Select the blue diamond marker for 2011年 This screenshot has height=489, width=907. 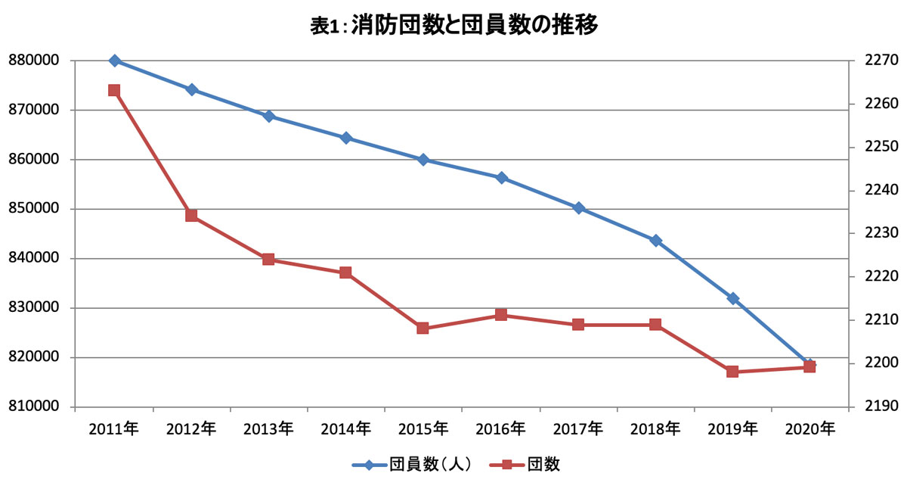pos(115,61)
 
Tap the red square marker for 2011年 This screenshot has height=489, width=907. pos(114,90)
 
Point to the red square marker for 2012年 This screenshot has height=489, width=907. pos(191,215)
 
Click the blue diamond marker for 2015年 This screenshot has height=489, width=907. pos(423,160)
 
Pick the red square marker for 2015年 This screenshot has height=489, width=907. pos(423,328)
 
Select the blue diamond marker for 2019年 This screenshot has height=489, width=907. pos(733,299)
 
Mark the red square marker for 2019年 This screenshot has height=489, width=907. pos(732,372)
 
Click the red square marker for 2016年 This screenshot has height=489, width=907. pos(501,315)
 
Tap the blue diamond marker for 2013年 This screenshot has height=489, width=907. pos(269,117)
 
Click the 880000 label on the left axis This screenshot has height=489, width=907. pos(34,61)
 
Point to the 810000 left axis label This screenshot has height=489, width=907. pos(34,406)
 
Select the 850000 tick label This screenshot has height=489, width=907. pos(34,208)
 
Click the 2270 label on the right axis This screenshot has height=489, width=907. pos(881,61)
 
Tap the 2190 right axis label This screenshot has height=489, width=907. pos(881,406)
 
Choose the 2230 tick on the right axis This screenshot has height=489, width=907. pos(881,233)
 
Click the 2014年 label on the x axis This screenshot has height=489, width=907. pos(346,429)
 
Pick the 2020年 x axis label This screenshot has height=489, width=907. pos(810,429)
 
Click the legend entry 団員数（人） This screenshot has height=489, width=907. pos(412,465)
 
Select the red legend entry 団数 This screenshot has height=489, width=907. pos(525,465)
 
